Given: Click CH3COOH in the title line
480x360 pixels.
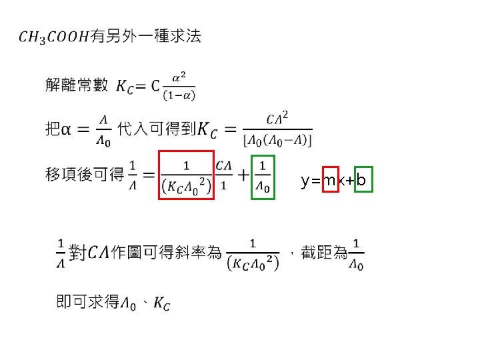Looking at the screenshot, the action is [x=55, y=37].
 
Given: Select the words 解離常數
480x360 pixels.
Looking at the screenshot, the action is [x=77, y=85].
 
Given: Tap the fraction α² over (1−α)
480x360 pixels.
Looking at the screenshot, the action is [x=179, y=87].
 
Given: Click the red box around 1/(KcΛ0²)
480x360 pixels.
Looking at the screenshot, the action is [x=186, y=175].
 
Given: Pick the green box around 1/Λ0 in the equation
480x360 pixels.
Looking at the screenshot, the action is [x=263, y=176].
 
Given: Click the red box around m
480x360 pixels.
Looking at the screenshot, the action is [x=330, y=181].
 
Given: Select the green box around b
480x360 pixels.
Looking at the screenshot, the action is [x=362, y=181].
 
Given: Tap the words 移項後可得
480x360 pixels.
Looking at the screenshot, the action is [x=85, y=175].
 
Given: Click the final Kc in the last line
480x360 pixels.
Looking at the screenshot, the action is [x=161, y=304].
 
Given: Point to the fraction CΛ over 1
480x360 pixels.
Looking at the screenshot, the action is [x=224, y=175].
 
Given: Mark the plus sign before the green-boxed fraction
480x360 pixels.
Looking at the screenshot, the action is [x=243, y=175].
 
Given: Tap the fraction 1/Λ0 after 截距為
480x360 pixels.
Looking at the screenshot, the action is [x=358, y=253].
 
